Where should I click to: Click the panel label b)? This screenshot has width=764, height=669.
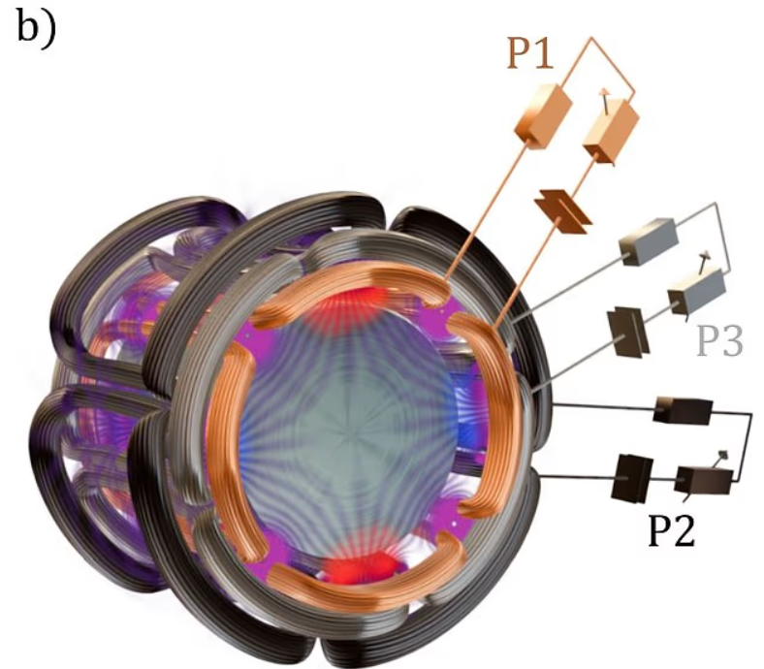36,28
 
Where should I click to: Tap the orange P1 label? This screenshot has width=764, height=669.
530,52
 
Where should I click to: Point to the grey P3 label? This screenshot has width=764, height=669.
719,342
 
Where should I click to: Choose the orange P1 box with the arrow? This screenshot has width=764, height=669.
612,128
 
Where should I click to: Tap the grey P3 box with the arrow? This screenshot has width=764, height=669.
696,293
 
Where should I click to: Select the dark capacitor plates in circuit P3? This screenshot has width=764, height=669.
628,333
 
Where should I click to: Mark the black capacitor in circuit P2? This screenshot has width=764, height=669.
632,477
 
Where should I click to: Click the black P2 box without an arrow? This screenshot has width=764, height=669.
683,410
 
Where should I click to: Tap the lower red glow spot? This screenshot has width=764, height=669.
361,566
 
